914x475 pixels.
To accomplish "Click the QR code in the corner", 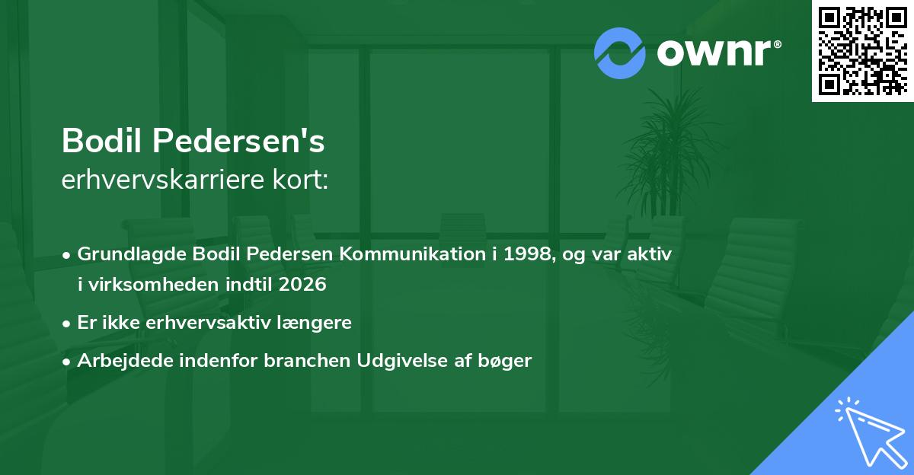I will [x=862, y=51].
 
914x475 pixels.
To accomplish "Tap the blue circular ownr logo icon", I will [x=620, y=53].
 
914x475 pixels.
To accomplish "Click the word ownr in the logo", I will [x=714, y=53].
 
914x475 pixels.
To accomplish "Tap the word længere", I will [x=318, y=323].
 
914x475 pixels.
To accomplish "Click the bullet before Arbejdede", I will [x=67, y=362].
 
